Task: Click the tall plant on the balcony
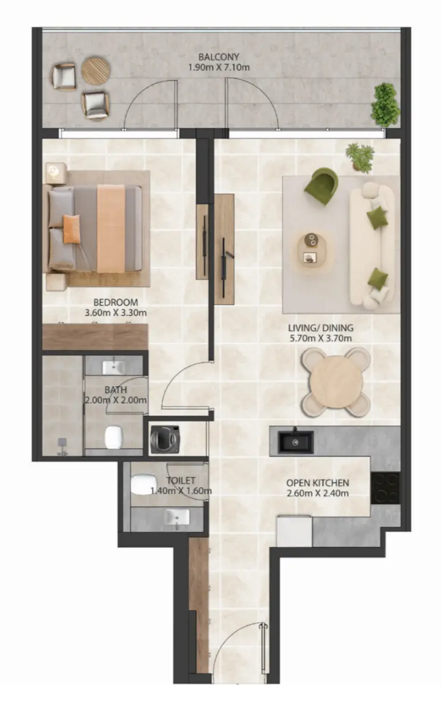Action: pyautogui.click(x=384, y=105)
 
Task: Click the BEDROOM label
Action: pyautogui.click(x=116, y=302)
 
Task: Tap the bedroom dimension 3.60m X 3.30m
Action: pyautogui.click(x=116, y=313)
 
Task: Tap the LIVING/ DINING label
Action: pyautogui.click(x=321, y=327)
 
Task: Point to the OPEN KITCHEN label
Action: pyautogui.click(x=318, y=483)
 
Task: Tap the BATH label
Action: pyautogui.click(x=115, y=389)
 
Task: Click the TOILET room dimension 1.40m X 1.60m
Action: pyautogui.click(x=181, y=490)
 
